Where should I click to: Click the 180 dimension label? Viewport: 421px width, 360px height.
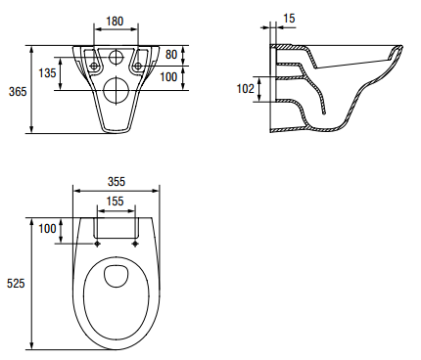point(115,22)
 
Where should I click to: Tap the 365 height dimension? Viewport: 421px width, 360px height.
point(18,92)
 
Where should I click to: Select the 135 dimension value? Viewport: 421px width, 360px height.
point(47,72)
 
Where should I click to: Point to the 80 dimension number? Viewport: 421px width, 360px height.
point(171,55)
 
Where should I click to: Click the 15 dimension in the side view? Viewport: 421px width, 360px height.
point(289,19)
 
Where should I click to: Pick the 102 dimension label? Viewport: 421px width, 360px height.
point(245,88)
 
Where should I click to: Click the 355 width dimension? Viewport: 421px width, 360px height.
point(117,181)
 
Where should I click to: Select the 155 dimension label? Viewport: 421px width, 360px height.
point(115,202)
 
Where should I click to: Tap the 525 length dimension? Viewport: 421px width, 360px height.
point(16,283)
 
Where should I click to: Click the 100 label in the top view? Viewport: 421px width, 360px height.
point(47,229)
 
